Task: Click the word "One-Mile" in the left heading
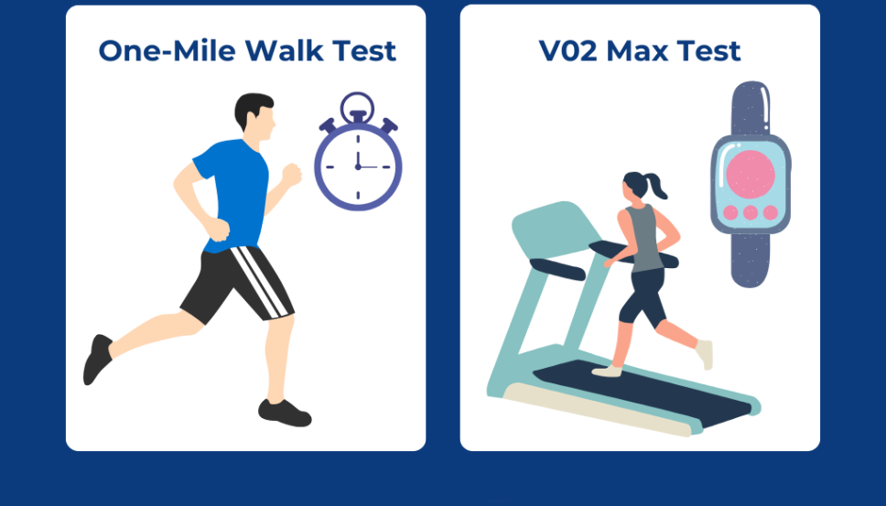click(x=167, y=51)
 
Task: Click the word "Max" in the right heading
click(x=638, y=51)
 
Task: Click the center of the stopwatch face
click(x=358, y=167)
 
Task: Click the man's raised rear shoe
click(x=97, y=360)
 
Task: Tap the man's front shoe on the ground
click(x=285, y=413)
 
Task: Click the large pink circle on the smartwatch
click(x=751, y=174)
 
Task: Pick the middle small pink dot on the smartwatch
click(x=751, y=213)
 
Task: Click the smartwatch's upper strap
click(x=751, y=108)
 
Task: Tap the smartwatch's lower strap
click(x=751, y=260)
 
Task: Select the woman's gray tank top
click(x=645, y=238)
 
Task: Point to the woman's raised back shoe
click(x=705, y=354)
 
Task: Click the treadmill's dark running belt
click(x=642, y=391)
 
